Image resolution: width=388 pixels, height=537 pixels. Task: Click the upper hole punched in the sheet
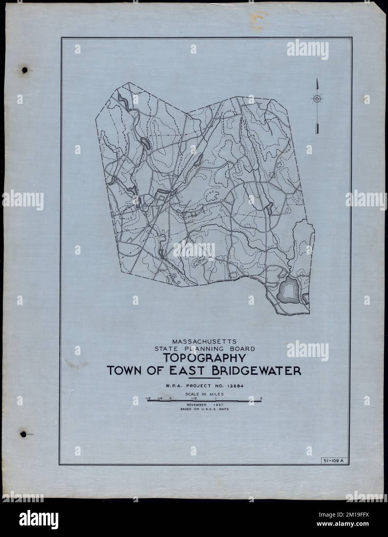tap(25, 70)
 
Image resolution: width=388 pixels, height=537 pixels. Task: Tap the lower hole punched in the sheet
tap(25, 433)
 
